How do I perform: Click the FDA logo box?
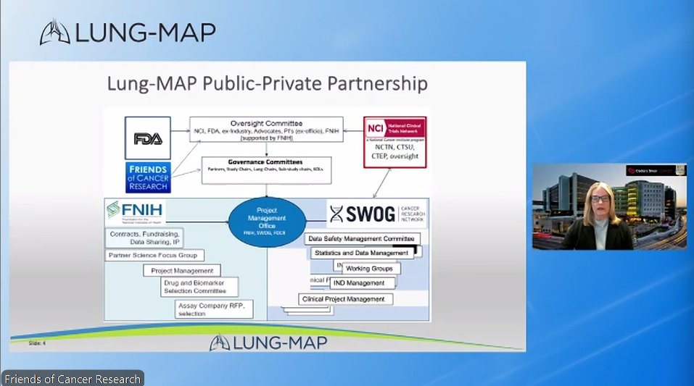click(148, 138)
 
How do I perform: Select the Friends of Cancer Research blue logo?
click(148, 178)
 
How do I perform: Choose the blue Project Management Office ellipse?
click(267, 221)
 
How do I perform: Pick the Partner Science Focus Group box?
click(154, 255)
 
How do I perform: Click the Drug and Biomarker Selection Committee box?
click(194, 287)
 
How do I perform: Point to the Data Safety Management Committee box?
click(362, 238)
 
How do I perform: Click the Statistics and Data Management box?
click(361, 253)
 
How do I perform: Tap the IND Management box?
click(363, 283)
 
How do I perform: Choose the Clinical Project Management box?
click(347, 298)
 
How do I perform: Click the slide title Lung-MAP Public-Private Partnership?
click(267, 83)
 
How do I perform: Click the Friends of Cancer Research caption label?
click(72, 379)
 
